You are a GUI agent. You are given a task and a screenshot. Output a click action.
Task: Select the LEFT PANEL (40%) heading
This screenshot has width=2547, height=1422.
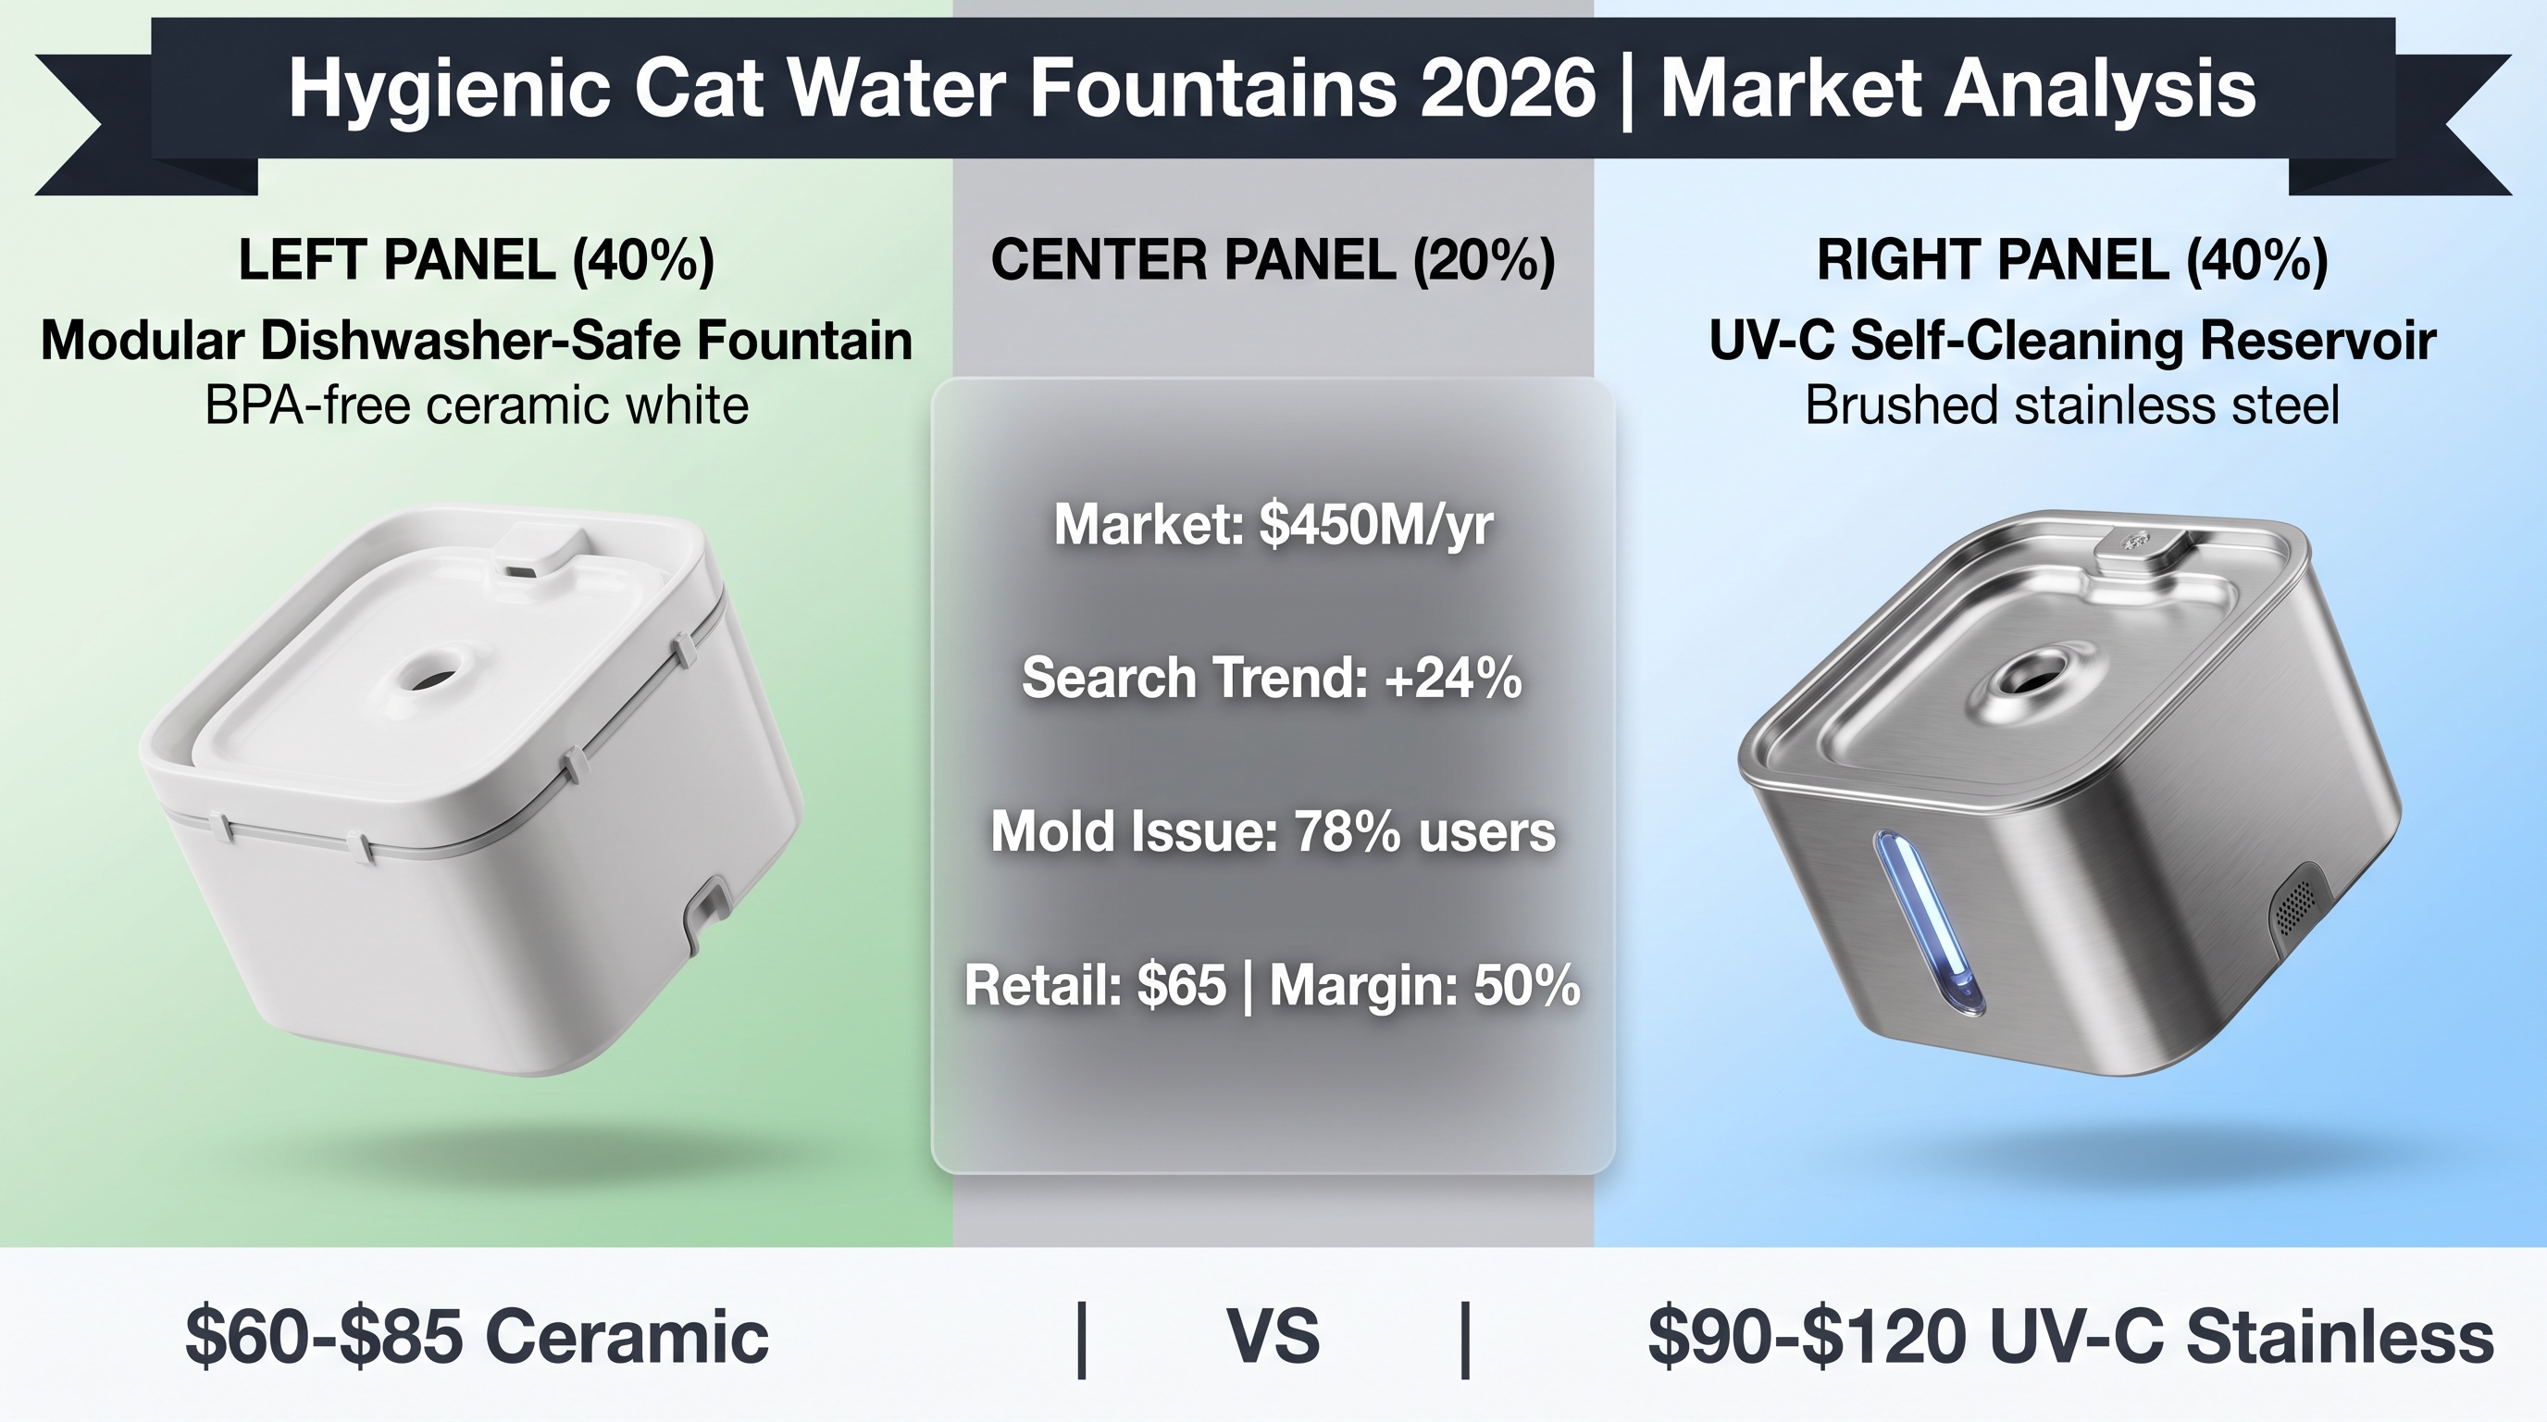[x=477, y=260]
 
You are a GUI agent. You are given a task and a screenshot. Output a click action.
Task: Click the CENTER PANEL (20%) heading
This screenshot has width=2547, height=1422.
[x=1273, y=260]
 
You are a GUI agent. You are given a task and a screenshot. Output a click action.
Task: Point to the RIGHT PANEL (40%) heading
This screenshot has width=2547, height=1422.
[x=2072, y=260]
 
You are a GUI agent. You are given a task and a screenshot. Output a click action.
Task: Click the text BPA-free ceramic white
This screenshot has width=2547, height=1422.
[x=477, y=405]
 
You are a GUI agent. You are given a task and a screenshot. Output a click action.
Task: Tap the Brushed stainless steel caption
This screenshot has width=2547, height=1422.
[x=2072, y=405]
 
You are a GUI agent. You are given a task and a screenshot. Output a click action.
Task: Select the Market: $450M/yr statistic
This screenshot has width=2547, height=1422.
[x=1273, y=524]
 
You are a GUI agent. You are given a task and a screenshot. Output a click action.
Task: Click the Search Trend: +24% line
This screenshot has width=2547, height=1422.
[x=1273, y=679]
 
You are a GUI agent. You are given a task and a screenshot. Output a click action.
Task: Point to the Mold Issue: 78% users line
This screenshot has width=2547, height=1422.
[x=1273, y=831]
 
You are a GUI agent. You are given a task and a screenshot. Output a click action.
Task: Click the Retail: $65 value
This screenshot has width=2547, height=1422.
[x=1096, y=986]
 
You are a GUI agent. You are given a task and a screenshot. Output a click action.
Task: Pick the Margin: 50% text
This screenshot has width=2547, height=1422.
[x=1424, y=986]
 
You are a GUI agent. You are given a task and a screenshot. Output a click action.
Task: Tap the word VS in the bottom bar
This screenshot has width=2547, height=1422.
[x=1273, y=1337]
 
